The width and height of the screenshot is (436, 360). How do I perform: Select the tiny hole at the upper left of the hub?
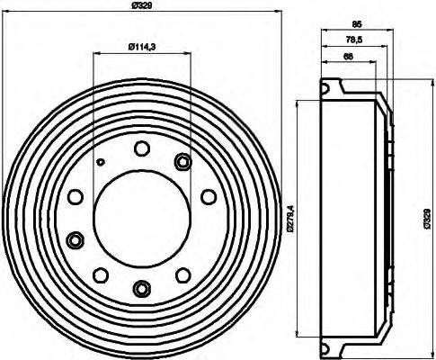[102, 162]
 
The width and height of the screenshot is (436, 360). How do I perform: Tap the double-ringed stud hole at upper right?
[183, 162]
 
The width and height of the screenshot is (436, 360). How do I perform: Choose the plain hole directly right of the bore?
[209, 195]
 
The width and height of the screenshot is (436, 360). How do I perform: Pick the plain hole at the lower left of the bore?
[102, 274]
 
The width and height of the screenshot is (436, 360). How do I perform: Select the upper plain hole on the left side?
[76, 195]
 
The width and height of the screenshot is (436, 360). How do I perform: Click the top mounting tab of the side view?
[334, 87]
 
